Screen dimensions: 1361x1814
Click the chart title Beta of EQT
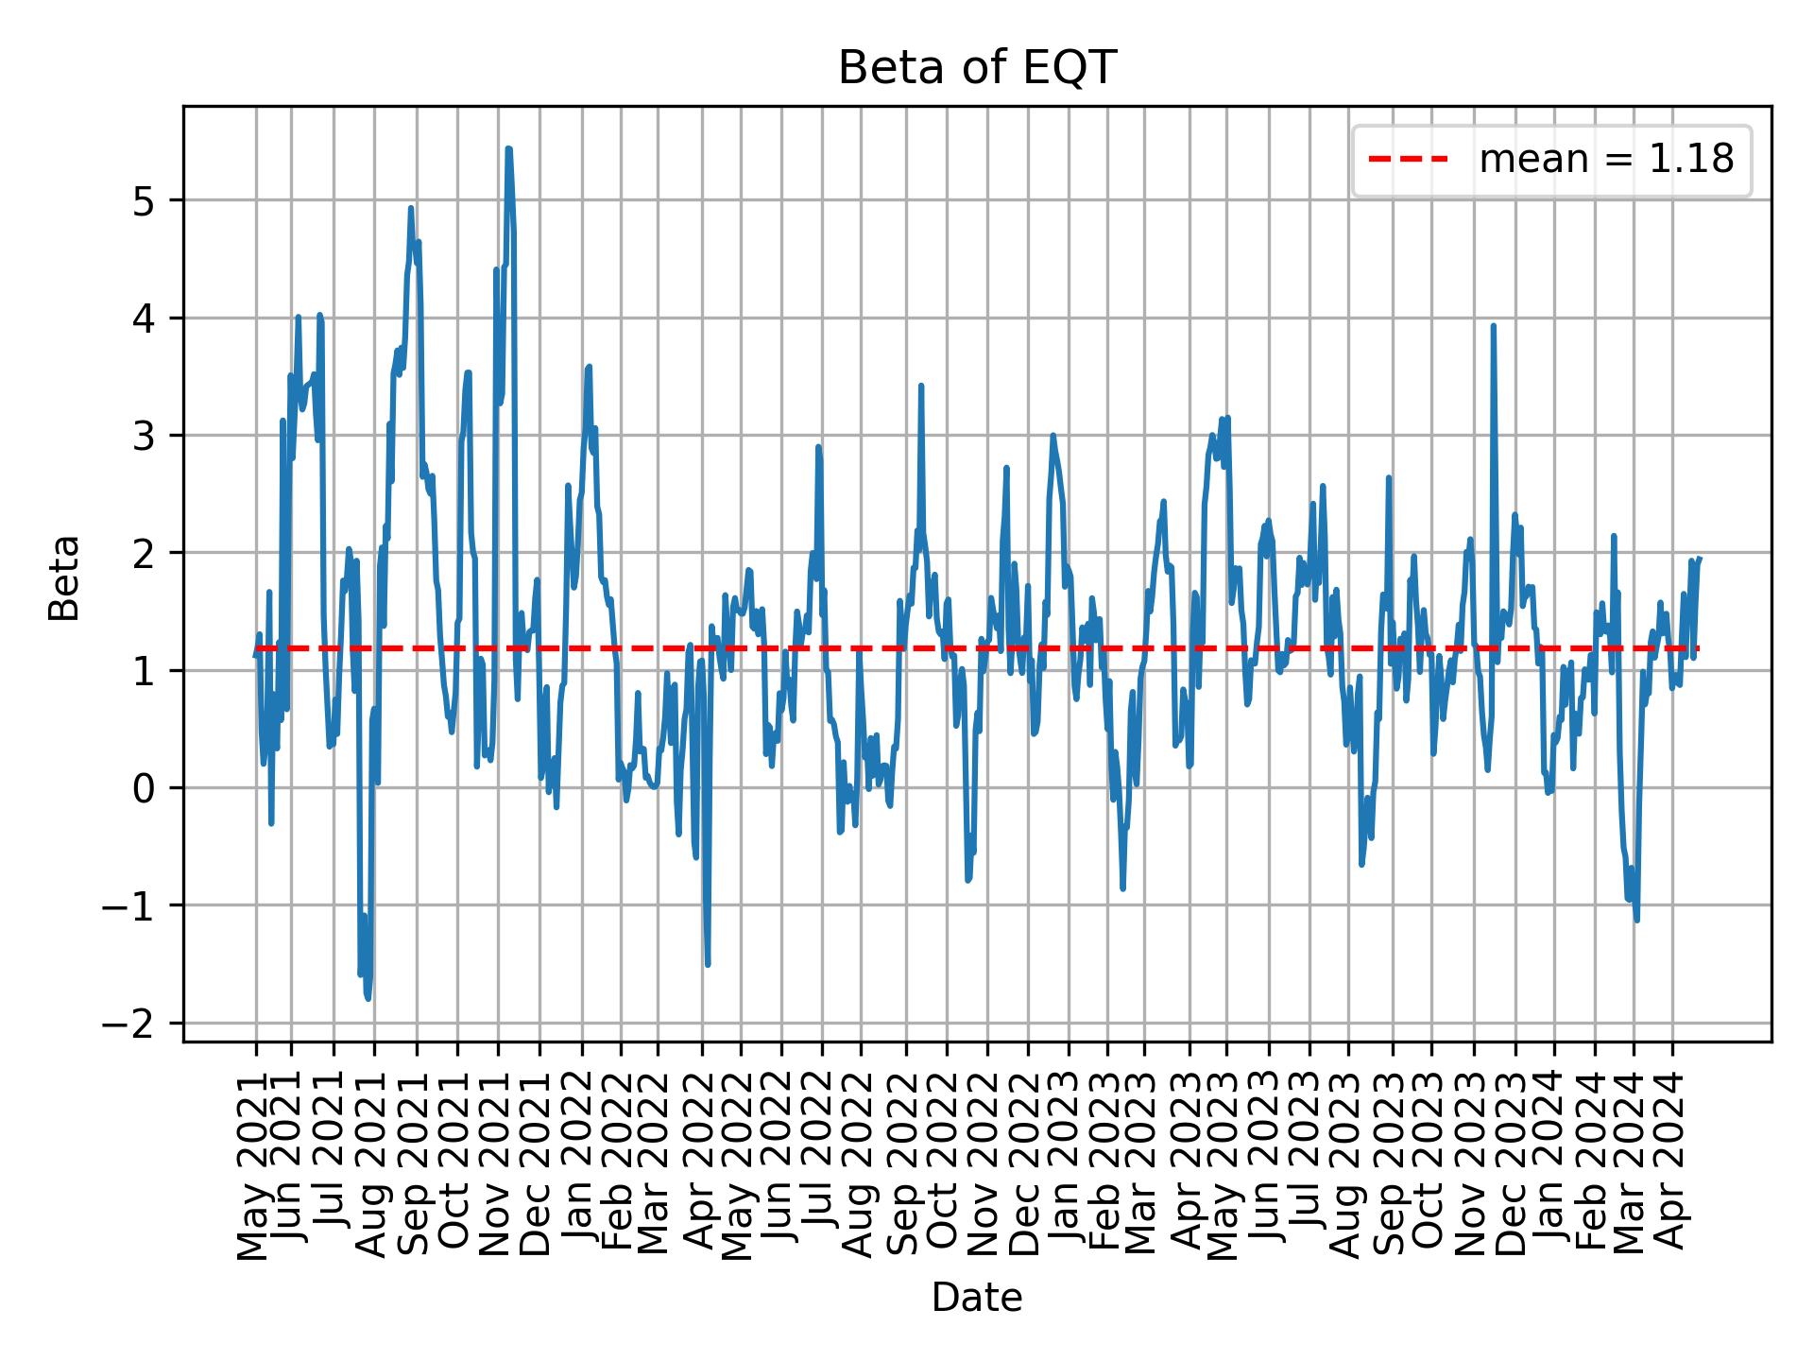click(977, 68)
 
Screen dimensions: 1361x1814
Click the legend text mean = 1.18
click(1606, 160)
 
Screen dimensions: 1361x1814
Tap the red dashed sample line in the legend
click(1409, 160)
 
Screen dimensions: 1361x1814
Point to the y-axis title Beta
click(64, 577)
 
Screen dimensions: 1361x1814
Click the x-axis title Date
click(977, 1299)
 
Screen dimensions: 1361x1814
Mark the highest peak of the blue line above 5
click(508, 148)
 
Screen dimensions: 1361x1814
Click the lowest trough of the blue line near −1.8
click(368, 998)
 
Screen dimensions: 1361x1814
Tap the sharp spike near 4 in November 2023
click(1493, 326)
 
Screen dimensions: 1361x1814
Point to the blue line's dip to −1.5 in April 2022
click(708, 964)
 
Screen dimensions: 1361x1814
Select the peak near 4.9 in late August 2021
click(411, 208)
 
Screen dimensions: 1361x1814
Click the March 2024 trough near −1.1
click(1636, 920)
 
